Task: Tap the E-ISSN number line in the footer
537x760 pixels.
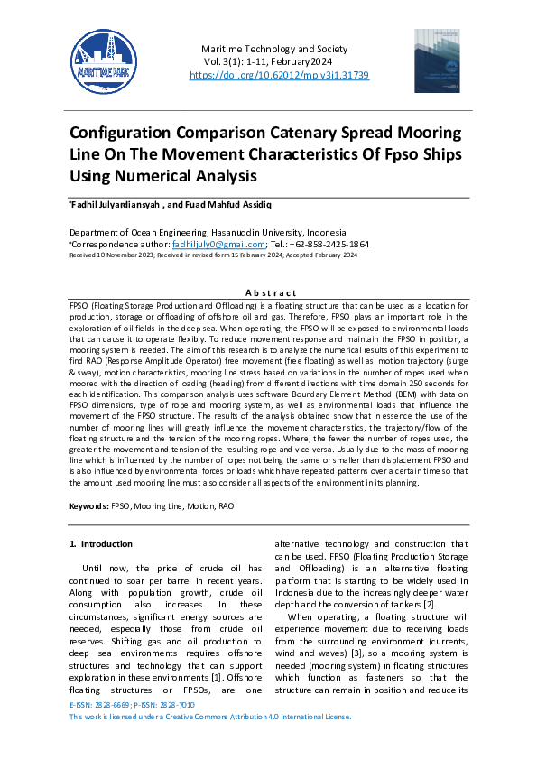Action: coord(132,703)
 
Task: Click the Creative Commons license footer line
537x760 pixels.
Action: coord(209,716)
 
